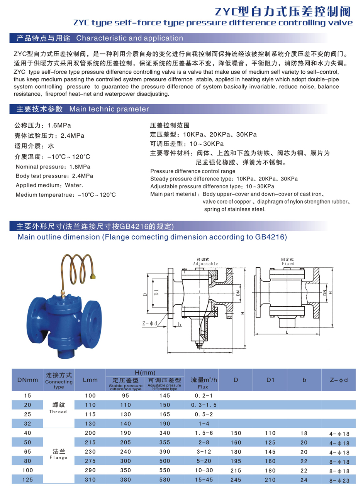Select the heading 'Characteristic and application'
129,38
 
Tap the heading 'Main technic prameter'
109,109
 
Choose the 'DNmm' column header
28,380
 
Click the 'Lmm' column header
90,380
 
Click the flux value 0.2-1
204,396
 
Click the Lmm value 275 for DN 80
90,461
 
